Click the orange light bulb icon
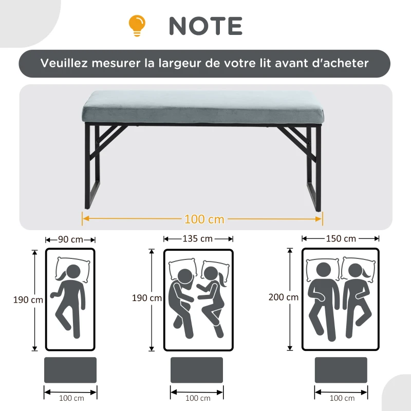click(x=137, y=25)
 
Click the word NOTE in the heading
click(x=206, y=26)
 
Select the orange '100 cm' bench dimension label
click(x=204, y=219)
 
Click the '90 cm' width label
click(x=70, y=239)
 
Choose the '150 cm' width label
click(x=341, y=239)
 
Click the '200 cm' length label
click(x=283, y=297)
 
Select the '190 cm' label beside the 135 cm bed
click(x=147, y=298)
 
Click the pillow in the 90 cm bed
click(x=72, y=265)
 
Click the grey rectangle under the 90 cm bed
click(x=70, y=370)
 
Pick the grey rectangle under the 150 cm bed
click(x=341, y=370)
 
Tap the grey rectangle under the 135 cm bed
click(x=197, y=370)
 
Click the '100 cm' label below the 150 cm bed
click(x=341, y=398)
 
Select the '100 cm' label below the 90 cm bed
click(x=71, y=398)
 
